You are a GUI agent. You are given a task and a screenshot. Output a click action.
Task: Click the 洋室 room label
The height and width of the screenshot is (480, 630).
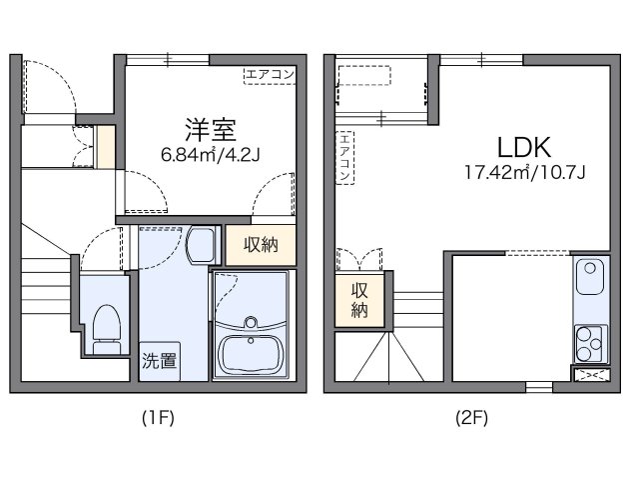tap(209, 128)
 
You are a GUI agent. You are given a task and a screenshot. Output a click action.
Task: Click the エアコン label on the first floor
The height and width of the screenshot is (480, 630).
tap(270, 73)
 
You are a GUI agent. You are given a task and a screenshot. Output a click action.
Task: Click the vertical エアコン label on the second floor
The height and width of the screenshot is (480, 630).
tap(344, 157)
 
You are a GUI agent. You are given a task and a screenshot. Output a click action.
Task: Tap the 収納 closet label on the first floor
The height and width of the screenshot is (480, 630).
tap(260, 245)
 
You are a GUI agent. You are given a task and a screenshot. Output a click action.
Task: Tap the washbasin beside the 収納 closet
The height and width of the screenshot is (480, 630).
tap(200, 244)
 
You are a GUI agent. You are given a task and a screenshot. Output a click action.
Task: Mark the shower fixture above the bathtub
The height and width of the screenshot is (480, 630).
tap(251, 323)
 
